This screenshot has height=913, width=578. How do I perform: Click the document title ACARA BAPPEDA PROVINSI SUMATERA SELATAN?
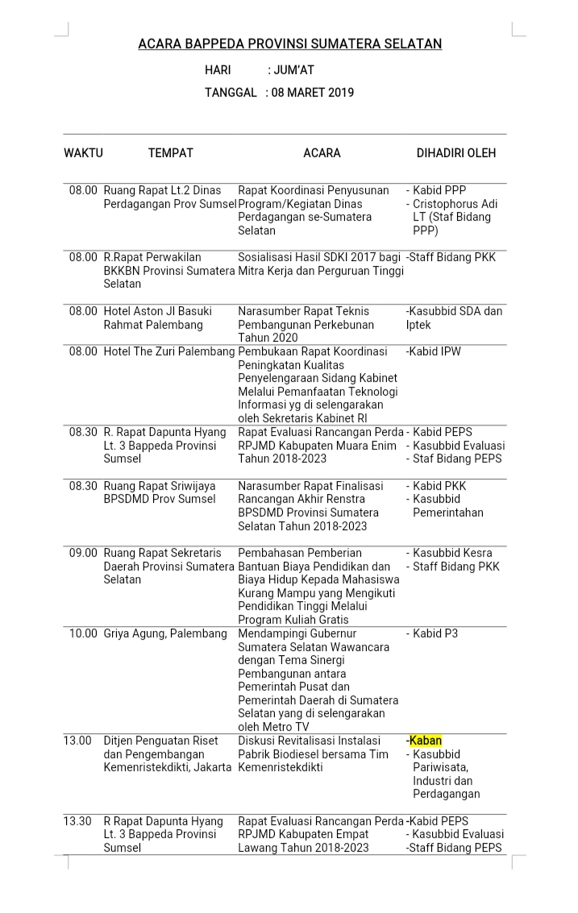coord(289,44)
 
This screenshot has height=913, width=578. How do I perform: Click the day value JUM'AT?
coord(293,70)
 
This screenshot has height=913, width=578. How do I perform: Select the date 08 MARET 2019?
coord(313,93)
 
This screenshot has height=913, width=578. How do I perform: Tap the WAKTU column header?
coord(83,152)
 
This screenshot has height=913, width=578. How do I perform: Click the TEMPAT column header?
coord(170,152)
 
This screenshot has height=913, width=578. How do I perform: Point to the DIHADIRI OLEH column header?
coord(455,152)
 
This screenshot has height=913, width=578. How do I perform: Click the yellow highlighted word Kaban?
coord(426,741)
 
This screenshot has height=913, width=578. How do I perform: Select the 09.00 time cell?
coord(83,553)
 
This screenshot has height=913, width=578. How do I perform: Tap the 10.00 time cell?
coord(83,633)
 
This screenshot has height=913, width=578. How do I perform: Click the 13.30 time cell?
coord(77,821)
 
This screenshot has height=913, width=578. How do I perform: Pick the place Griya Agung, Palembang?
coord(165,633)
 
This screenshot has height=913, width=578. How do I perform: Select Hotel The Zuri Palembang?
coord(169,351)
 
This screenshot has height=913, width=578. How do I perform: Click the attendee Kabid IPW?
coord(436,351)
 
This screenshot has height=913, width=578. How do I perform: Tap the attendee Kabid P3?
coord(435,633)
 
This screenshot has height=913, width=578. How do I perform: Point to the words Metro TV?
coord(275,727)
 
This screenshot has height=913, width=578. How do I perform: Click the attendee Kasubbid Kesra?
coord(452,553)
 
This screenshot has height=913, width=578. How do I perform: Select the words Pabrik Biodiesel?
coord(279,754)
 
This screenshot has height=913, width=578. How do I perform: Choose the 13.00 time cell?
coord(77,741)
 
